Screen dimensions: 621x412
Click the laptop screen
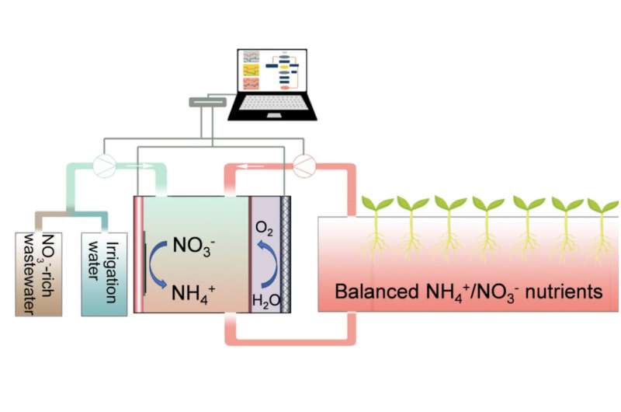click(x=272, y=71)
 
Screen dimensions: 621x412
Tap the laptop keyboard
click(x=272, y=103)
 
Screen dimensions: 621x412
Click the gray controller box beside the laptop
click(x=207, y=102)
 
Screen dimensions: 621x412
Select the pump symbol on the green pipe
click(x=105, y=166)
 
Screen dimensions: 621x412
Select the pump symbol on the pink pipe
click(x=304, y=166)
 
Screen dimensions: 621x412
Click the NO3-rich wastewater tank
click(x=38, y=274)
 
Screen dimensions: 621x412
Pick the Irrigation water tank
click(x=104, y=274)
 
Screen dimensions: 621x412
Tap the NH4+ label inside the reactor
click(x=193, y=294)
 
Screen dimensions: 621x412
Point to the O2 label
click(x=264, y=229)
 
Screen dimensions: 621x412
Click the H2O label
click(x=266, y=302)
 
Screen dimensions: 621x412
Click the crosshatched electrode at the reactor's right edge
click(x=286, y=254)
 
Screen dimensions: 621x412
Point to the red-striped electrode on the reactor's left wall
click(x=138, y=254)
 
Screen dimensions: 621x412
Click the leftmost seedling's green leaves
click(x=376, y=203)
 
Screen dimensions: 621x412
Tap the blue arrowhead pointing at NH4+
click(x=161, y=284)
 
